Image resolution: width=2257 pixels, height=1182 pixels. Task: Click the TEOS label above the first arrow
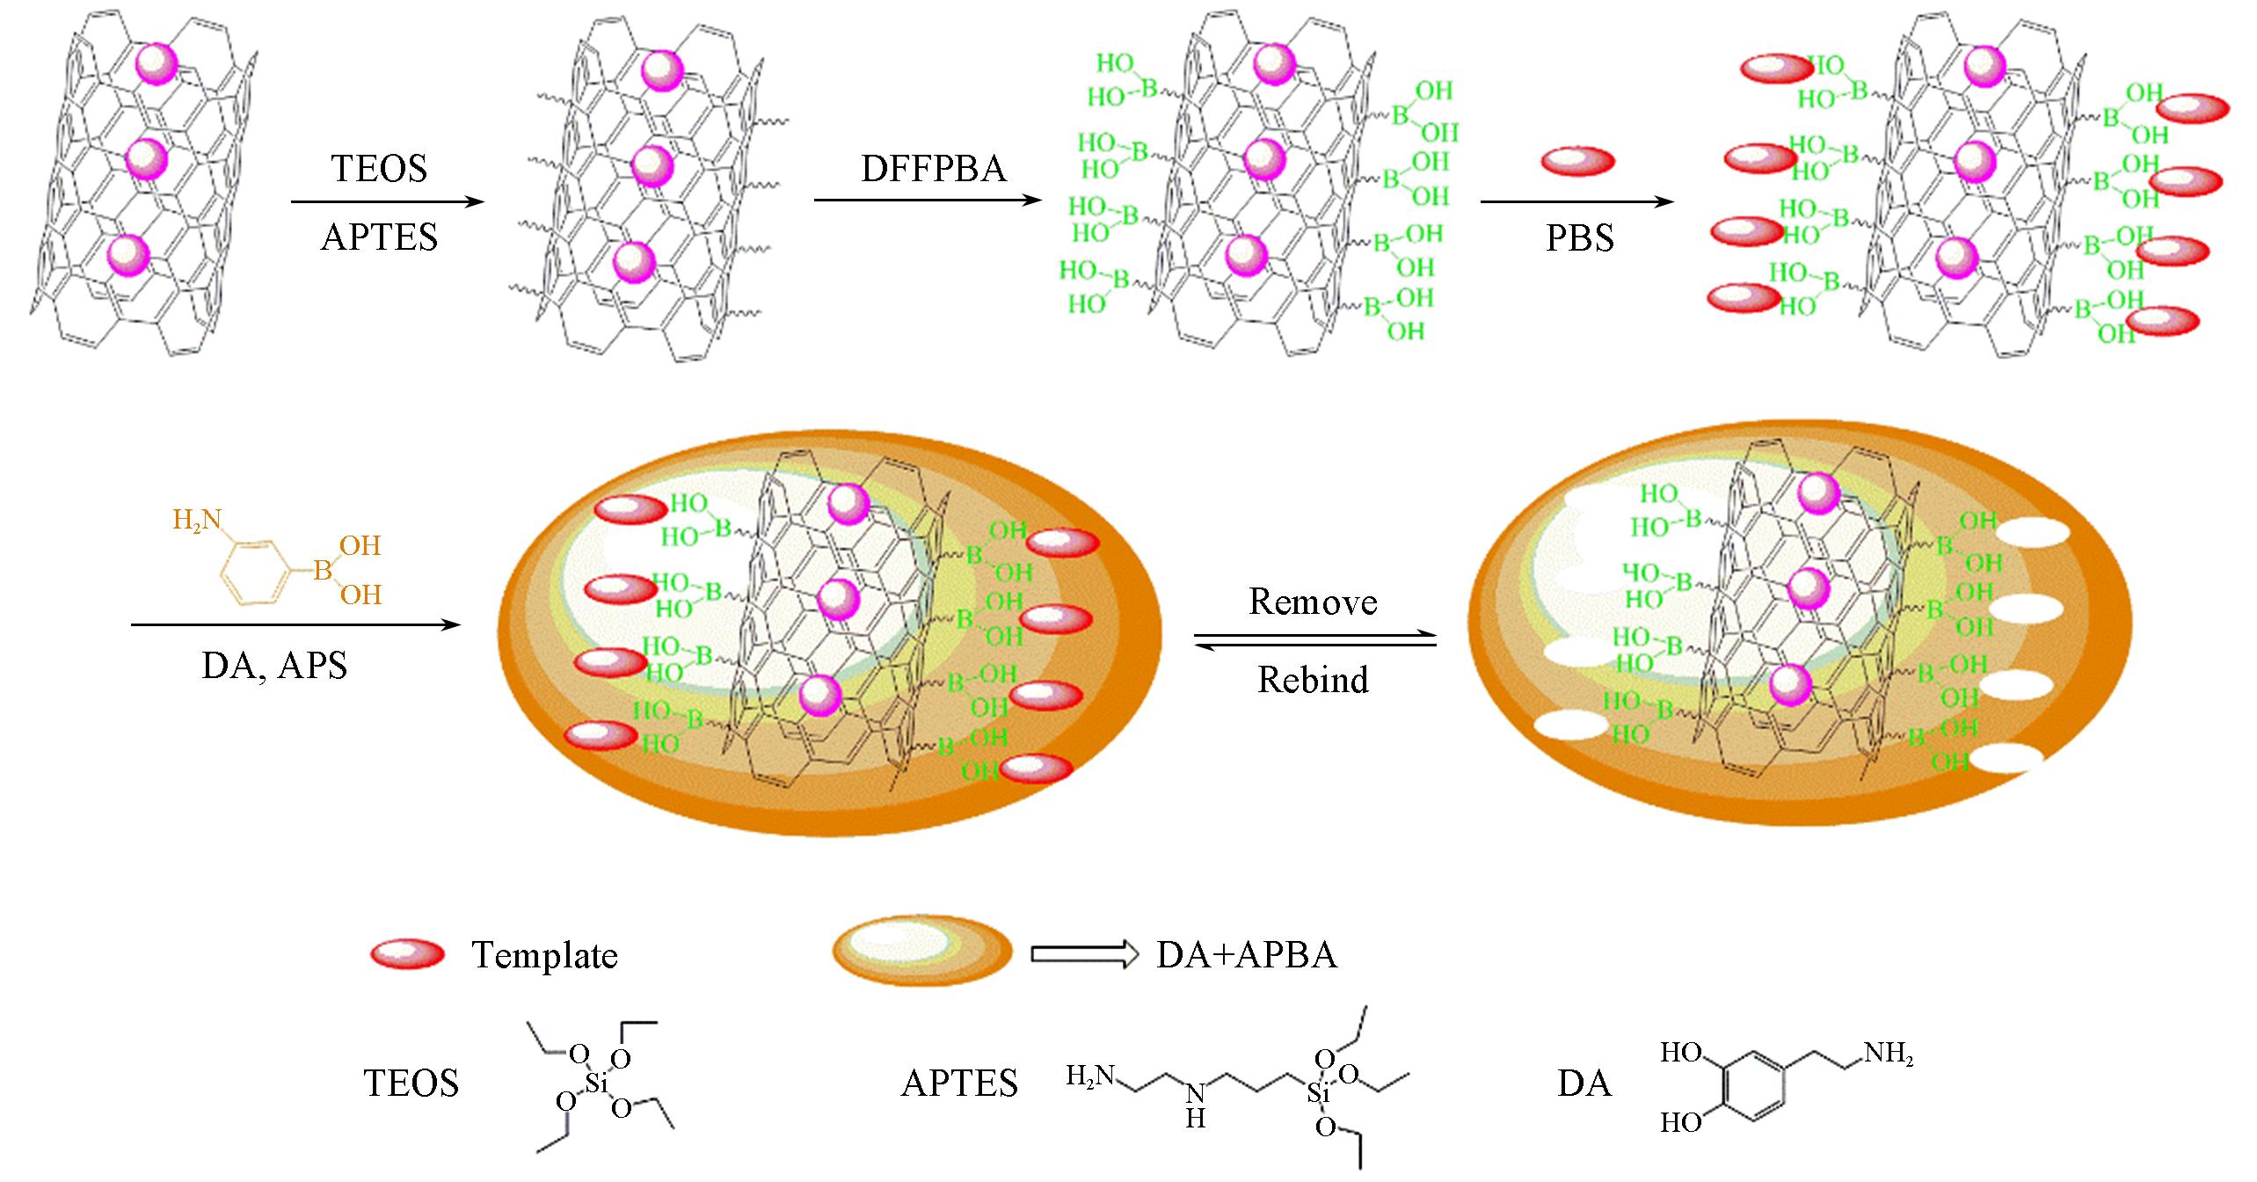(379, 168)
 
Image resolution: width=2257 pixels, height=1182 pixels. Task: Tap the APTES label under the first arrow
(379, 237)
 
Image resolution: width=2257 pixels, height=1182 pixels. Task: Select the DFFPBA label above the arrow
(933, 168)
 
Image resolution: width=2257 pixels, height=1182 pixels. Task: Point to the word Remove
(1313, 602)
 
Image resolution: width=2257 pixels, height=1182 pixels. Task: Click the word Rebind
(1313, 680)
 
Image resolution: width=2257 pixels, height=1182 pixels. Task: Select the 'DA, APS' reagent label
(274, 666)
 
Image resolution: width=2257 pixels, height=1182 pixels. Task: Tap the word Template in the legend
(544, 955)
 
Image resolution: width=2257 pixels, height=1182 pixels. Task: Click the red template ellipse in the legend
(407, 953)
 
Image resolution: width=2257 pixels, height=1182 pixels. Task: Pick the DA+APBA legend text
(1247, 955)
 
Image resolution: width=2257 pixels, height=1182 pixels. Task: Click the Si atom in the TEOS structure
(597, 1084)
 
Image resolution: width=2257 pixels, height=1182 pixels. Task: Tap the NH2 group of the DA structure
(1887, 1054)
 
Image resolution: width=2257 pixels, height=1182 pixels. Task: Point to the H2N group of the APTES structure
(1090, 1075)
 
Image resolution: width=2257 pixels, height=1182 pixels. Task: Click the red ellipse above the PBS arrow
(1578, 161)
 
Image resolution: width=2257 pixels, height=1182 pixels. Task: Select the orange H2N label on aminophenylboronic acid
(196, 521)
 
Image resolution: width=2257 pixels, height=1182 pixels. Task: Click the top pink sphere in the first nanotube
(157, 63)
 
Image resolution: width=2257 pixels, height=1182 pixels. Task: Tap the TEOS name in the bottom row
(411, 1083)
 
